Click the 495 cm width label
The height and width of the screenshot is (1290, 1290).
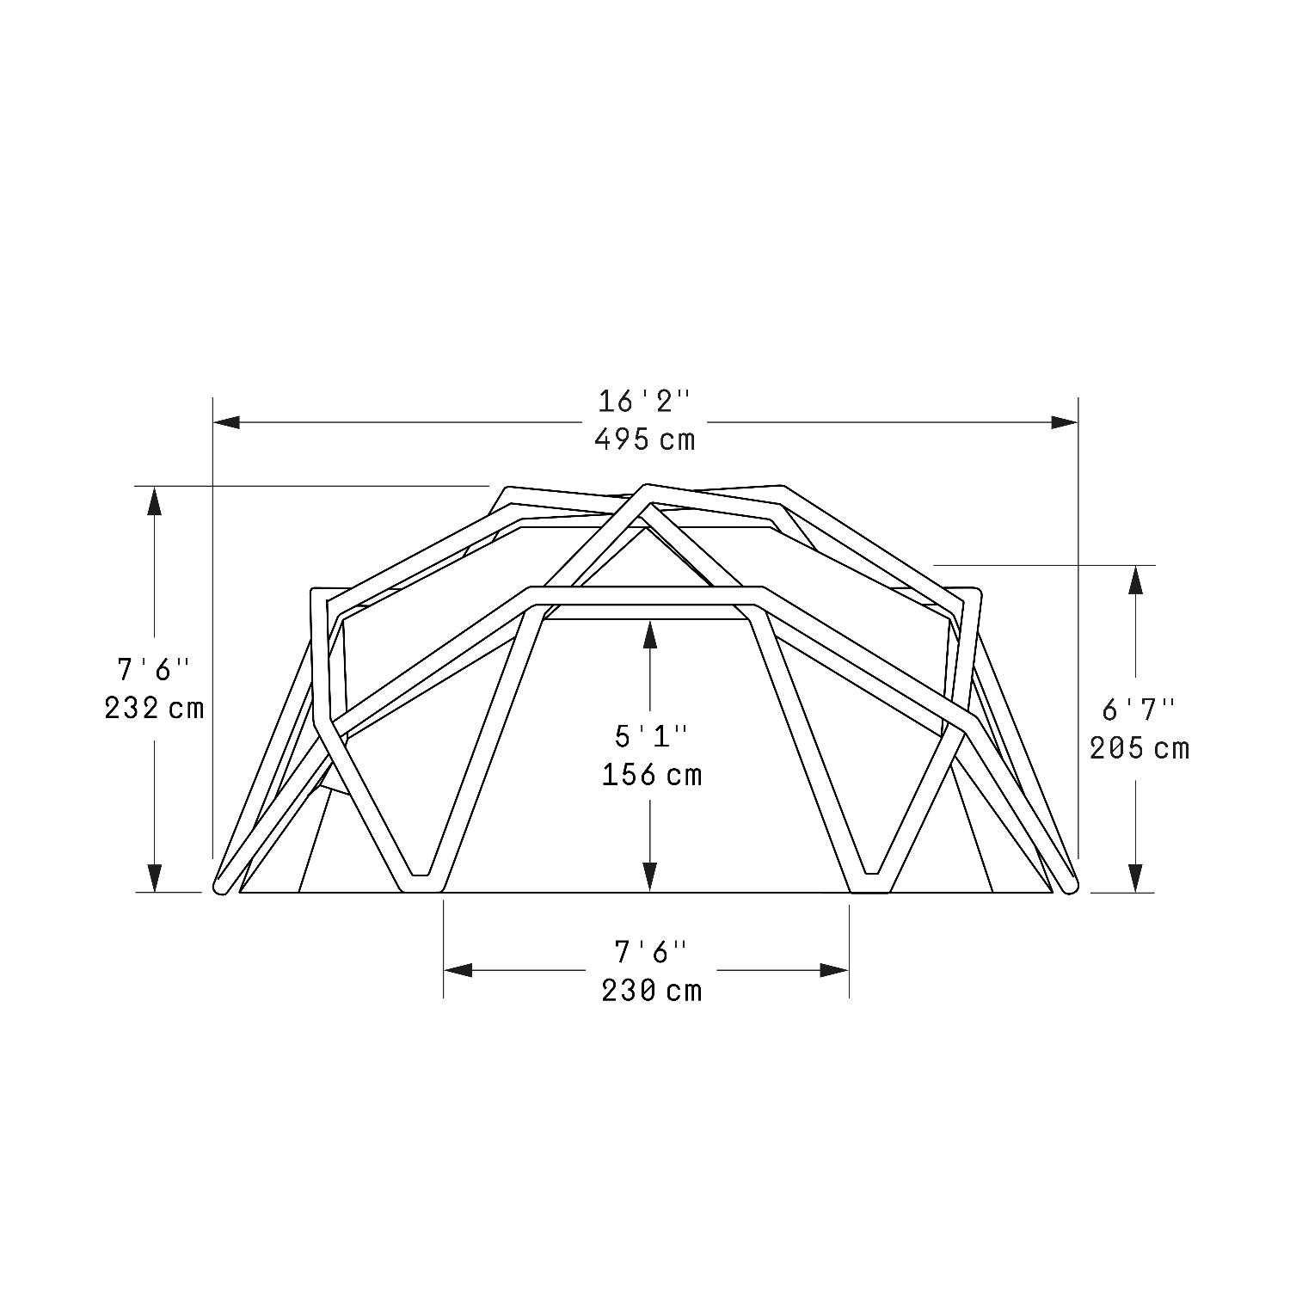pos(644,439)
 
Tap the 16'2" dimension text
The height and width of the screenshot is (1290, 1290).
pos(644,401)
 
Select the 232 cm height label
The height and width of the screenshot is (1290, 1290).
pos(155,708)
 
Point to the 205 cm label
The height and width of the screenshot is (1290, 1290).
pos(1139,748)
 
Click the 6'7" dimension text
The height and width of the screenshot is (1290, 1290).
pos(1139,709)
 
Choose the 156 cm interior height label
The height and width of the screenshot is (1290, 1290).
pos(652,775)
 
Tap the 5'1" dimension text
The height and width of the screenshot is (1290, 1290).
pos(651,736)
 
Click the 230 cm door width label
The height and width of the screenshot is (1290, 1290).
pos(652,991)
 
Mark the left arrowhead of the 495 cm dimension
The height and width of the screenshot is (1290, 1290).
pos(226,422)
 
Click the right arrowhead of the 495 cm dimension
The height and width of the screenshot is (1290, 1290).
pos(1064,422)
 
